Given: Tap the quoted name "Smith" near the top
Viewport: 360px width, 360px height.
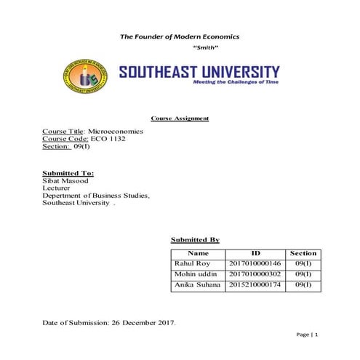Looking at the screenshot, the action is pos(207,47).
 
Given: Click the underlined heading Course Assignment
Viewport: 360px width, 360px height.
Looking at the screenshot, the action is pos(180,119).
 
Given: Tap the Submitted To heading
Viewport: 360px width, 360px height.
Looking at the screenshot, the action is pos(68,173).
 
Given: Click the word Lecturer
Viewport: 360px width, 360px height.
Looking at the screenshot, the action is pos(57,188).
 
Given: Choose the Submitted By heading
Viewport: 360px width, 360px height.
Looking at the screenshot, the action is pos(195,239).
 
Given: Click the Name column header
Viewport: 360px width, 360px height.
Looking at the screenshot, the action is pos(198,253).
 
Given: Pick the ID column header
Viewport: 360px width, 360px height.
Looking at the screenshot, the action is pos(255,253).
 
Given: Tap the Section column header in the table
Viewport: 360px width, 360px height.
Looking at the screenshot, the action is pos(303,253).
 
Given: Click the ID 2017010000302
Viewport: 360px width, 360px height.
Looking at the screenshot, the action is pos(255,275).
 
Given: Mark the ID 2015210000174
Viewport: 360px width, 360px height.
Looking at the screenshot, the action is pos(255,286).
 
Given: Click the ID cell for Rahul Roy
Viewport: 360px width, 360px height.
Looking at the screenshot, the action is pos(255,263).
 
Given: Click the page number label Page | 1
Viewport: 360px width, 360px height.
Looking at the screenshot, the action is pos(308,335).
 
